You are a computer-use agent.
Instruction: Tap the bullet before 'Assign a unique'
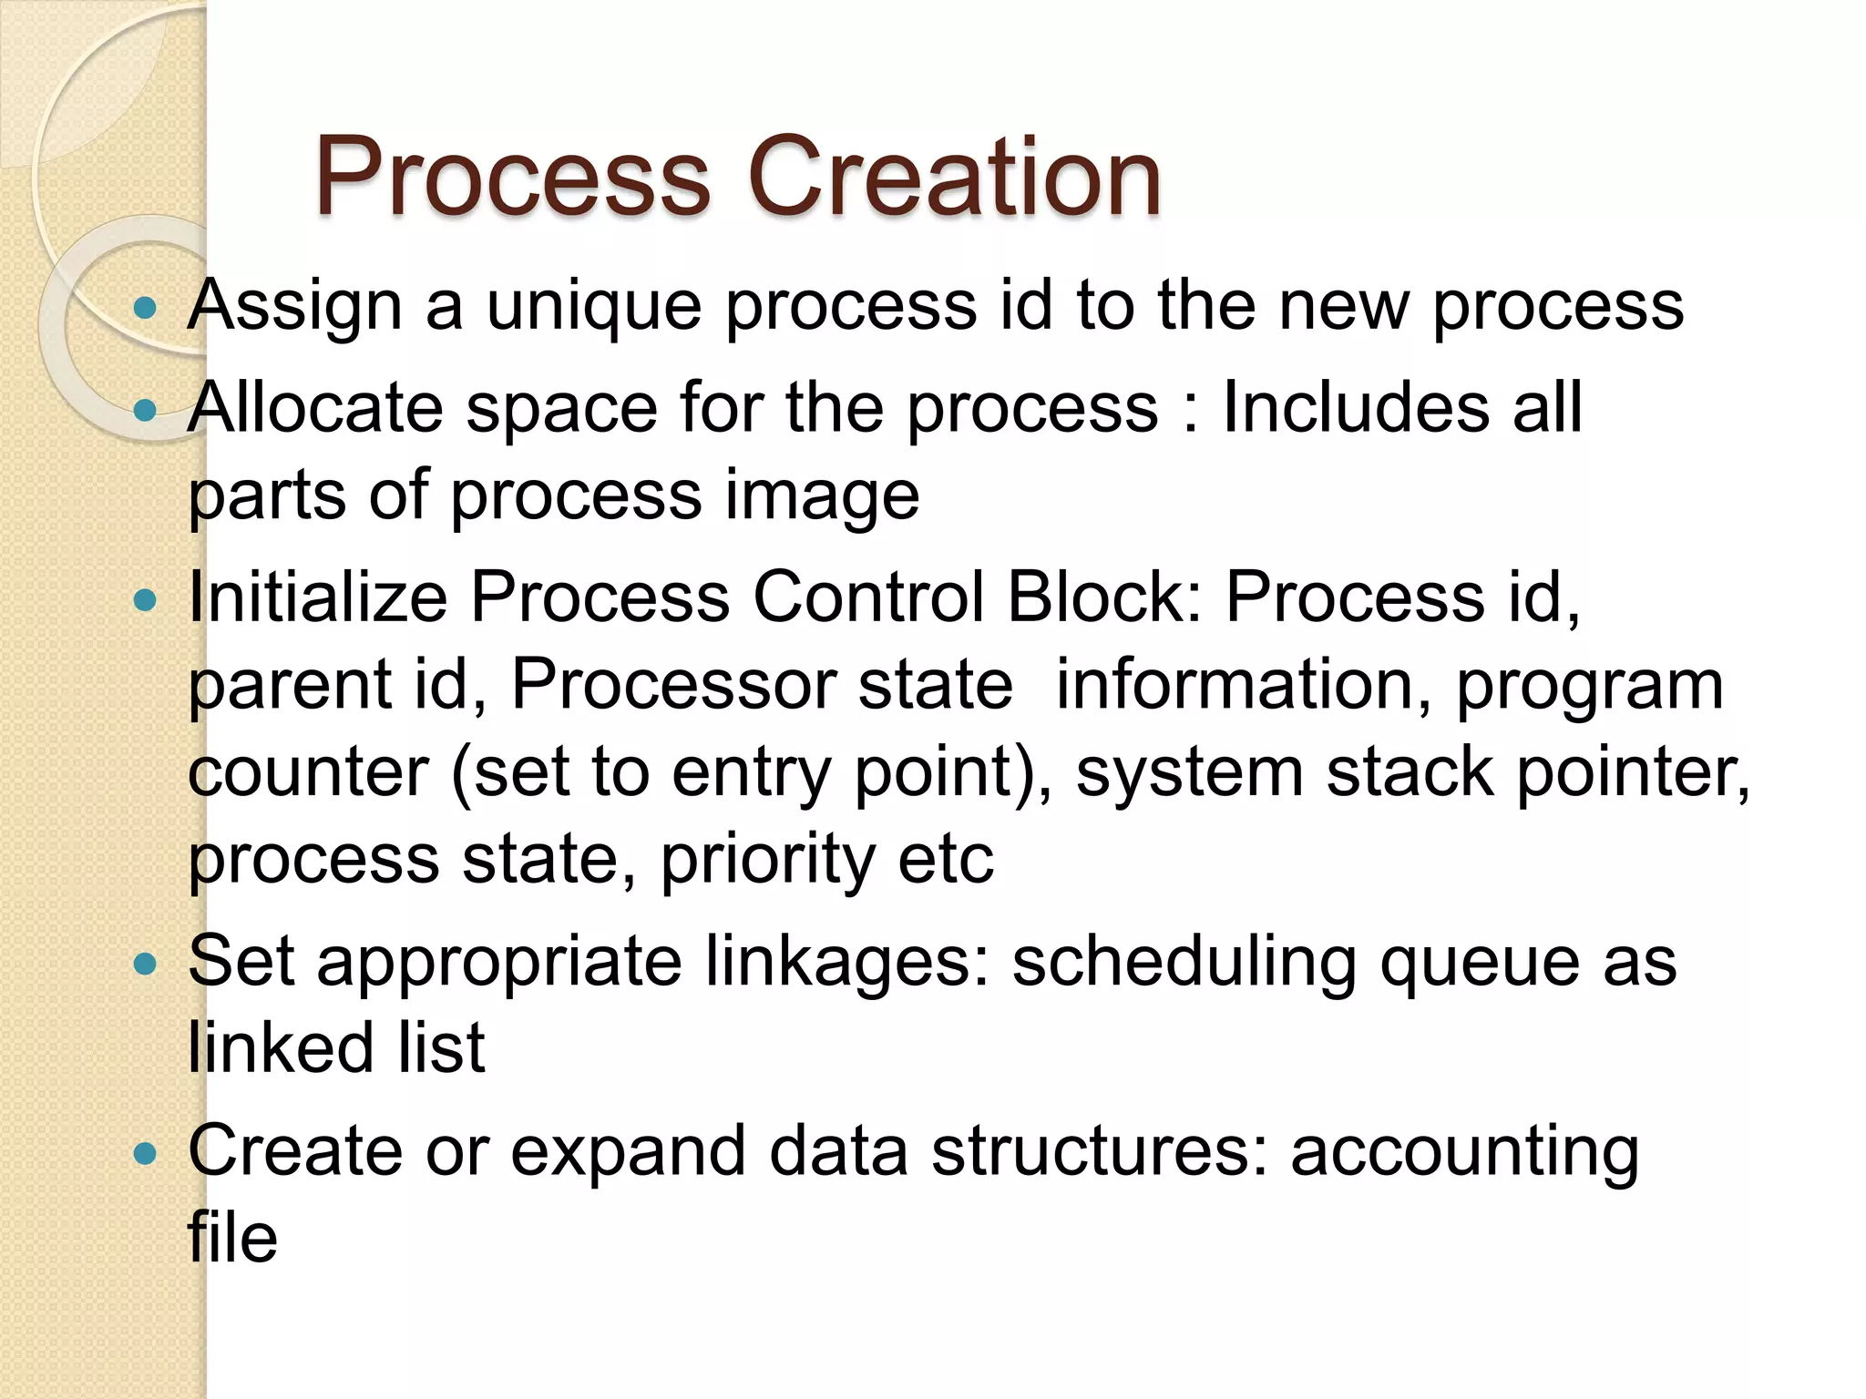(145, 308)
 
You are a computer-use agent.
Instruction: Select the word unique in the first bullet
(594, 306)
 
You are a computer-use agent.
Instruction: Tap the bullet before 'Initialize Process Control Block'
(145, 600)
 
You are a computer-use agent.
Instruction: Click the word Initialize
(317, 597)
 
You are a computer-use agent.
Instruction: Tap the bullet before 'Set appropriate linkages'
(145, 964)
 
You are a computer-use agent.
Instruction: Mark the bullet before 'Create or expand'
(145, 1155)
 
